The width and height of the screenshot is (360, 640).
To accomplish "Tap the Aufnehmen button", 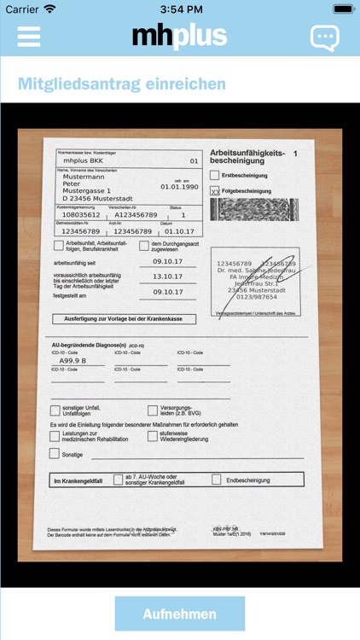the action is click(x=179, y=614).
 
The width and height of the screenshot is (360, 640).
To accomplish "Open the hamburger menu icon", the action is click(x=29, y=36).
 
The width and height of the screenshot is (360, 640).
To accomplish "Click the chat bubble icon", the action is click(x=324, y=37).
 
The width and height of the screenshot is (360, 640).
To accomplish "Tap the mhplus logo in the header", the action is click(x=179, y=36).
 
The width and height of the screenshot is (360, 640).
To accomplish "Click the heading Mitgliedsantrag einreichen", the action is click(x=122, y=84).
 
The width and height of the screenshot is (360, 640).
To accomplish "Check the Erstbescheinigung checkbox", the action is click(x=215, y=176).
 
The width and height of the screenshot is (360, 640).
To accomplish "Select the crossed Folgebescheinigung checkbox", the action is click(x=215, y=191).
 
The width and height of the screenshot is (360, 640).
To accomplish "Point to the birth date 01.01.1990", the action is click(x=179, y=186).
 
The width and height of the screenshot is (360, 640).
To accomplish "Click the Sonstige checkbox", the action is click(x=55, y=454).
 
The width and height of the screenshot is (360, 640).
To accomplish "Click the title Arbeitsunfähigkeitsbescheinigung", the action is click(x=247, y=155).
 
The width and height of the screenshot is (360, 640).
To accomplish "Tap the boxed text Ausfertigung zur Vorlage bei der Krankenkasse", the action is click(x=124, y=319).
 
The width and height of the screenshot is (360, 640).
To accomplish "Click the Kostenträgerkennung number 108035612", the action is click(x=81, y=215).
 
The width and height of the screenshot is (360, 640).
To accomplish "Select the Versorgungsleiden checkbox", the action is click(x=153, y=410).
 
